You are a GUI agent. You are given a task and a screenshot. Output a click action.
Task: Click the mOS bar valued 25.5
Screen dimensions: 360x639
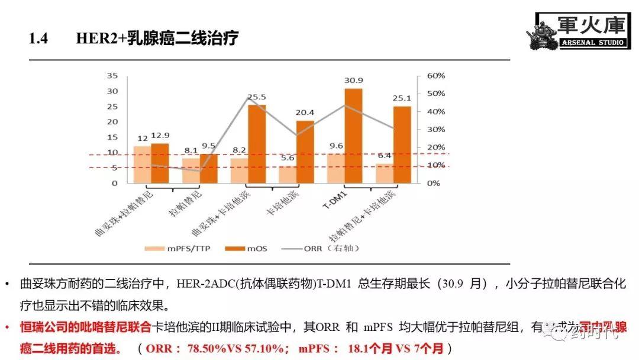256,144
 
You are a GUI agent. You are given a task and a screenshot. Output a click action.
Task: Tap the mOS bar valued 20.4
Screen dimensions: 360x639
305,152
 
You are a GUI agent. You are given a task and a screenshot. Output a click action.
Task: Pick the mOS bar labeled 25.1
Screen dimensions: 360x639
402,144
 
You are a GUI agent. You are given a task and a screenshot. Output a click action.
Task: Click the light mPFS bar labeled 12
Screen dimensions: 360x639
142,165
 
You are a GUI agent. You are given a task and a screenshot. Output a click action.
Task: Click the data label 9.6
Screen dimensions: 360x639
336,146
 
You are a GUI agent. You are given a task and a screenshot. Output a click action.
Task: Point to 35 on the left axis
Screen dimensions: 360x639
112,76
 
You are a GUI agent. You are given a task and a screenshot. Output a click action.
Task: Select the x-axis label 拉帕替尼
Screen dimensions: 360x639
187,204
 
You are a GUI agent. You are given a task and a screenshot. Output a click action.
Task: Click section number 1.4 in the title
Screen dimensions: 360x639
38,39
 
